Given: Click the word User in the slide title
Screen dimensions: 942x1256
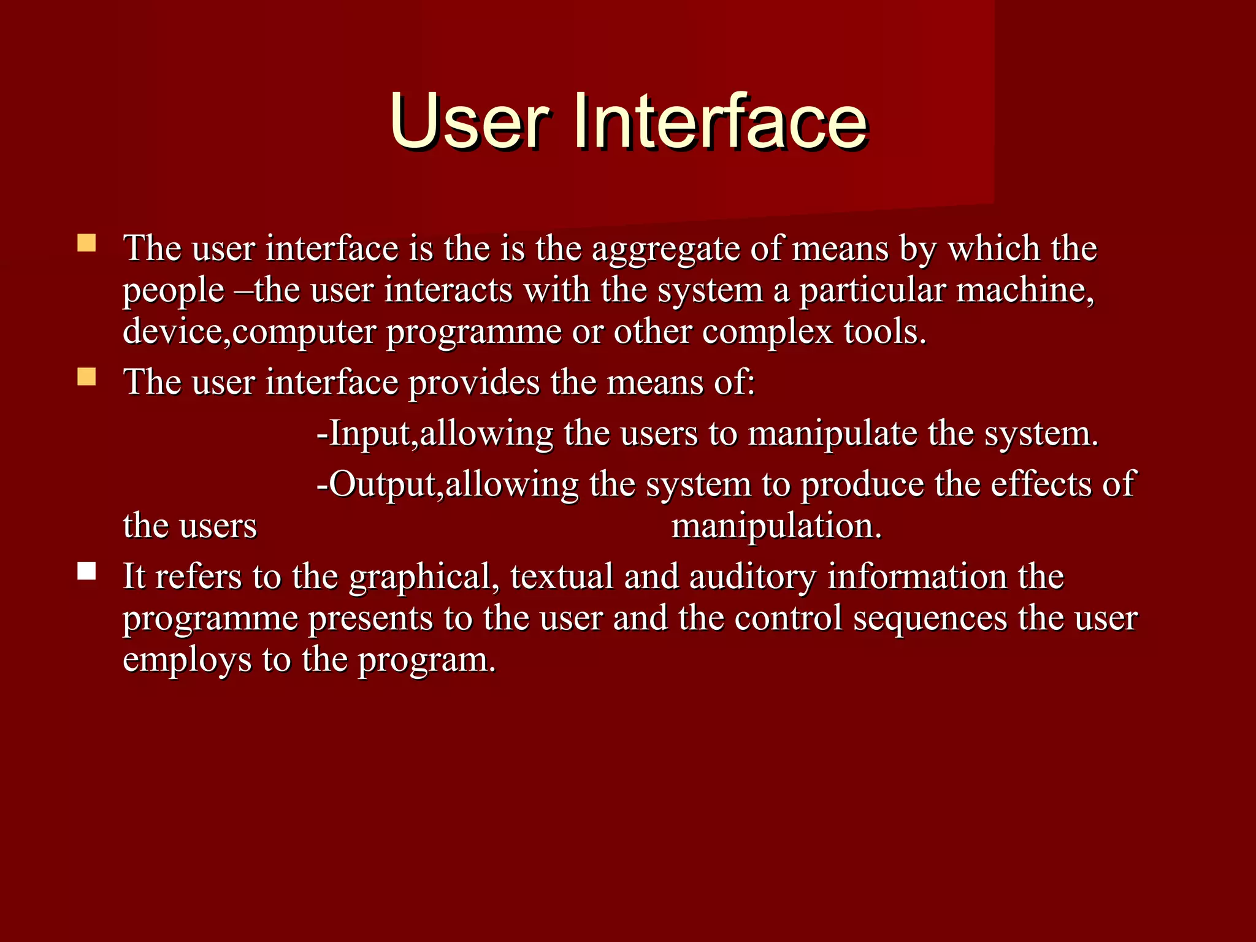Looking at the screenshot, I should pos(469,121).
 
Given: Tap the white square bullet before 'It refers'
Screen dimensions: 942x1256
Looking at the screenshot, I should pos(87,572).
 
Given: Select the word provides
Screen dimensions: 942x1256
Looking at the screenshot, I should pos(473,382).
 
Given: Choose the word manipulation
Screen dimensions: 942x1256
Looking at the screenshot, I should pos(776,526).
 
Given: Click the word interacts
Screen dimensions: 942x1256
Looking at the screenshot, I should pos(448,290).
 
